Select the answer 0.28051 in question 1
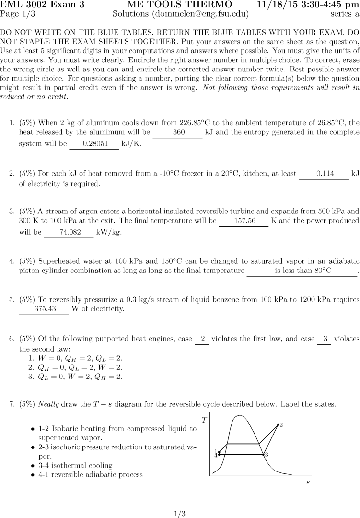point(94,143)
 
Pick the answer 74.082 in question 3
point(69,233)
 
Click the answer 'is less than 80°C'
point(303,271)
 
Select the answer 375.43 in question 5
point(44,309)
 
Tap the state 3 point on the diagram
point(263,454)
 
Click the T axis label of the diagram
point(205,420)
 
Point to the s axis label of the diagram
point(308,482)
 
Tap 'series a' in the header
point(345,14)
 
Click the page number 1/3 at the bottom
point(180,514)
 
